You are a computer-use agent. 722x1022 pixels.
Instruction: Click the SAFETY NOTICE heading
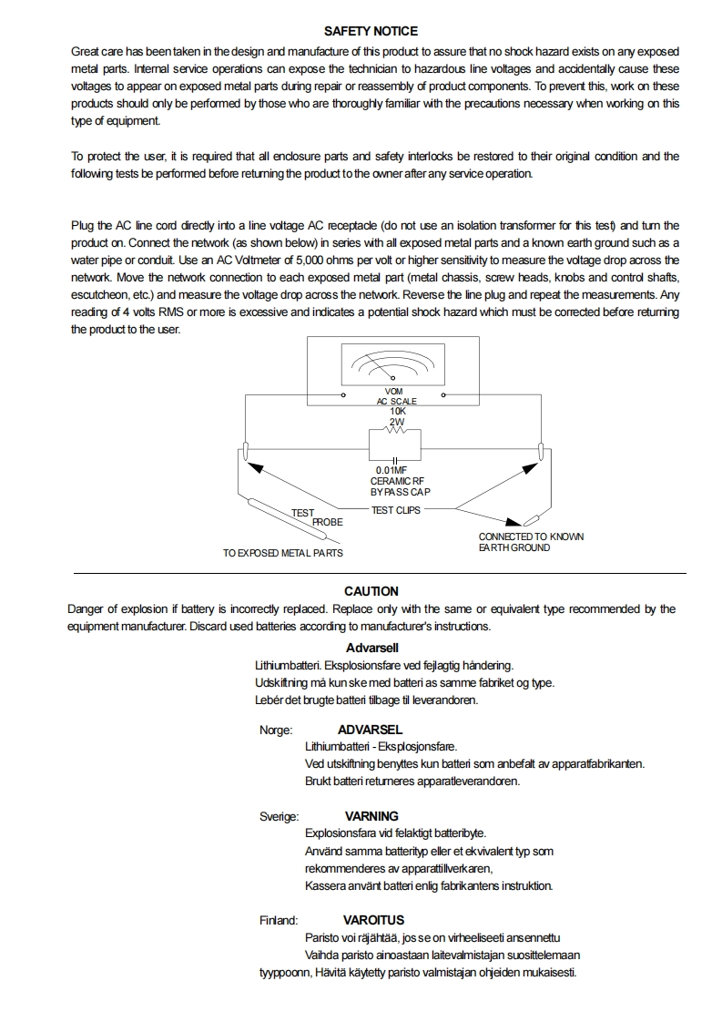click(x=371, y=31)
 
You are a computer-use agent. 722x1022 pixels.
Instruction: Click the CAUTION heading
click(x=371, y=591)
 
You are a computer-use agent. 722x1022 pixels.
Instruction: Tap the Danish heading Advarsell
click(x=371, y=649)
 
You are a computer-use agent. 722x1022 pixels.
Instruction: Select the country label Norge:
click(x=276, y=730)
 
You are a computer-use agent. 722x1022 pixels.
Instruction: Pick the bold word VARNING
click(x=371, y=816)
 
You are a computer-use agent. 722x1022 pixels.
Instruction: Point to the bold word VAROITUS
click(x=373, y=920)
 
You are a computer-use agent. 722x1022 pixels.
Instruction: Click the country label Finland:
click(x=279, y=920)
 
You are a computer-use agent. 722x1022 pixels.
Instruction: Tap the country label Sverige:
click(x=279, y=816)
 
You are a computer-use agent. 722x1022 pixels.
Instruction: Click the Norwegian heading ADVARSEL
click(x=370, y=730)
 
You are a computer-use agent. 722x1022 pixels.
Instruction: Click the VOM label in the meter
click(x=394, y=392)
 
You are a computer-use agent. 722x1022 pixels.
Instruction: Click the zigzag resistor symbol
click(x=396, y=432)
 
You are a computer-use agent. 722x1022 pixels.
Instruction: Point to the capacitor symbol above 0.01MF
click(x=395, y=459)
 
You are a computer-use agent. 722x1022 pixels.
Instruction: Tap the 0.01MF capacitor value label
click(x=391, y=471)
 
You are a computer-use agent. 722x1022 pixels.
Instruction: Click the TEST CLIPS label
click(x=396, y=510)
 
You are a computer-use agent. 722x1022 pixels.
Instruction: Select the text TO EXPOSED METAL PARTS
click(x=283, y=553)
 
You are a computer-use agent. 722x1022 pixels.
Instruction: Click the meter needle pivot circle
click(x=392, y=377)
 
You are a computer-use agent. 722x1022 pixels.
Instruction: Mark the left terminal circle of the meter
click(x=342, y=396)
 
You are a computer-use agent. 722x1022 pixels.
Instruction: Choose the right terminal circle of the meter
click(x=443, y=396)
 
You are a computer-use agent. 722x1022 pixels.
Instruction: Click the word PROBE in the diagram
click(x=328, y=523)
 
